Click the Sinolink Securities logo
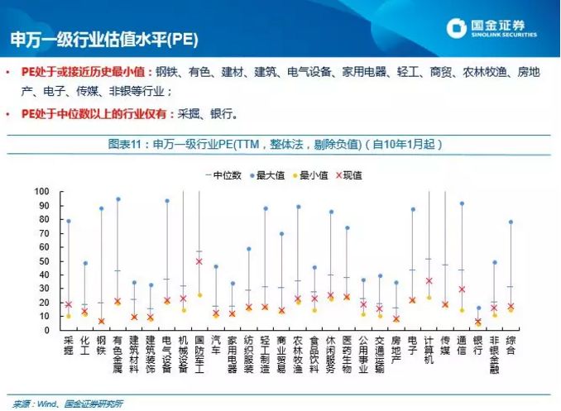[491, 29]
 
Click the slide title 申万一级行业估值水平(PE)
[103, 39]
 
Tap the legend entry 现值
[351, 175]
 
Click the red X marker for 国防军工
[199, 261]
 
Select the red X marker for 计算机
[429, 281]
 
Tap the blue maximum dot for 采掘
[69, 221]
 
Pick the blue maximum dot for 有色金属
[118, 199]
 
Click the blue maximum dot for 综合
[511, 222]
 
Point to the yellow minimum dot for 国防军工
[199, 294]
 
